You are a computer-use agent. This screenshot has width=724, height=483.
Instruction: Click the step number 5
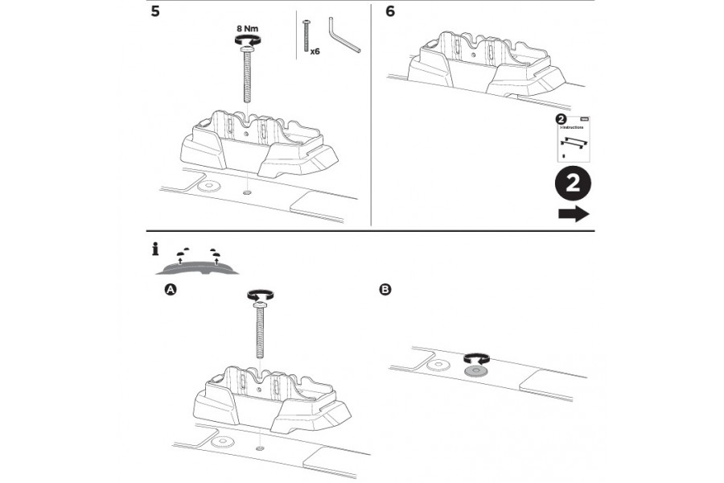pyautogui.click(x=155, y=13)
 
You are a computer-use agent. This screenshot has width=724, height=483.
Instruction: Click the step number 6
pyautogui.click(x=390, y=13)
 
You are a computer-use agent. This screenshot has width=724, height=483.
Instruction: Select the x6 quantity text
pyautogui.click(x=315, y=50)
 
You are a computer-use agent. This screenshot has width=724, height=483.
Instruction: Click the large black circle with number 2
pyautogui.click(x=573, y=184)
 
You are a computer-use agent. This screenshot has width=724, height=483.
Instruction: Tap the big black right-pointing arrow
pyautogui.click(x=573, y=214)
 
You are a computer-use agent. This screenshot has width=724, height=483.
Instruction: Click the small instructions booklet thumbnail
pyautogui.click(x=573, y=138)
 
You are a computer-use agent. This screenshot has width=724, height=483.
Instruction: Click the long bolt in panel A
pyautogui.click(x=259, y=330)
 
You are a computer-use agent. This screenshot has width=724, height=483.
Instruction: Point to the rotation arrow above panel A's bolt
pyautogui.click(x=259, y=296)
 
